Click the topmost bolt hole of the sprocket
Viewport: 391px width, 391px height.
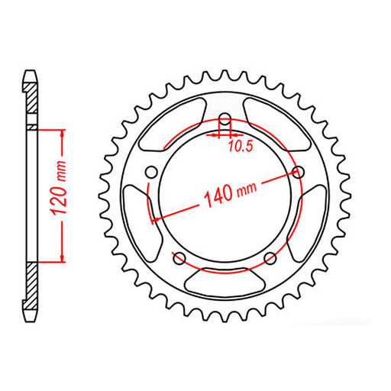tap(225, 119)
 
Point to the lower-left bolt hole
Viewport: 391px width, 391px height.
tap(179, 257)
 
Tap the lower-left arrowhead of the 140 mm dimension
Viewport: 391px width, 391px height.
tap(157, 219)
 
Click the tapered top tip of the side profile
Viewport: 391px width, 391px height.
tap(30, 75)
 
